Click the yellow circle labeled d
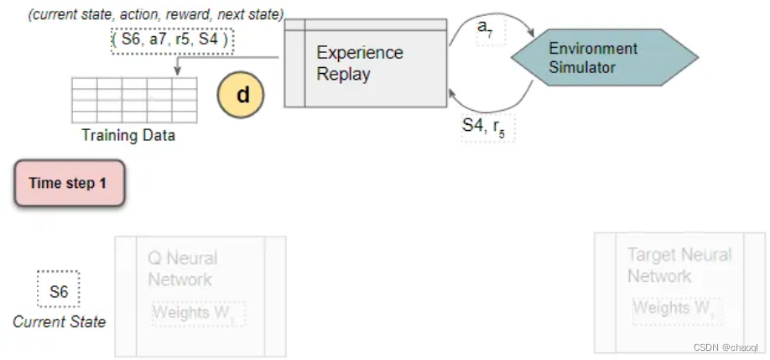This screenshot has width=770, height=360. pos(242,95)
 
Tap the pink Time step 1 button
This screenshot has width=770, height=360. pos(69,183)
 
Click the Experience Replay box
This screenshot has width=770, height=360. pos(365,63)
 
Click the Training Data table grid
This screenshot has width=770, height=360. pos(133,99)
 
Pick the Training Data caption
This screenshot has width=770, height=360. pos(127,135)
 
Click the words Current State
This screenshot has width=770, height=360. pos(59,322)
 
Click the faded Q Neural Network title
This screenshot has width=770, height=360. pos(182,269)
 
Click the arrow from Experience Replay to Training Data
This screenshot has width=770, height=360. pos(226,58)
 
